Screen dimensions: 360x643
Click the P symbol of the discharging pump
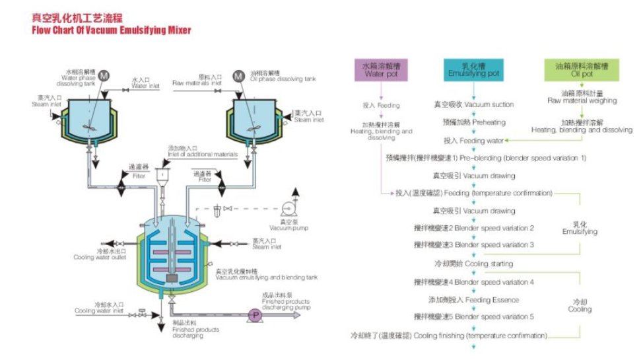click(x=254, y=316)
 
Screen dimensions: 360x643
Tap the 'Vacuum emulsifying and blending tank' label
click(x=262, y=275)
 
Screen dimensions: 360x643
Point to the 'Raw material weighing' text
click(x=582, y=98)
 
